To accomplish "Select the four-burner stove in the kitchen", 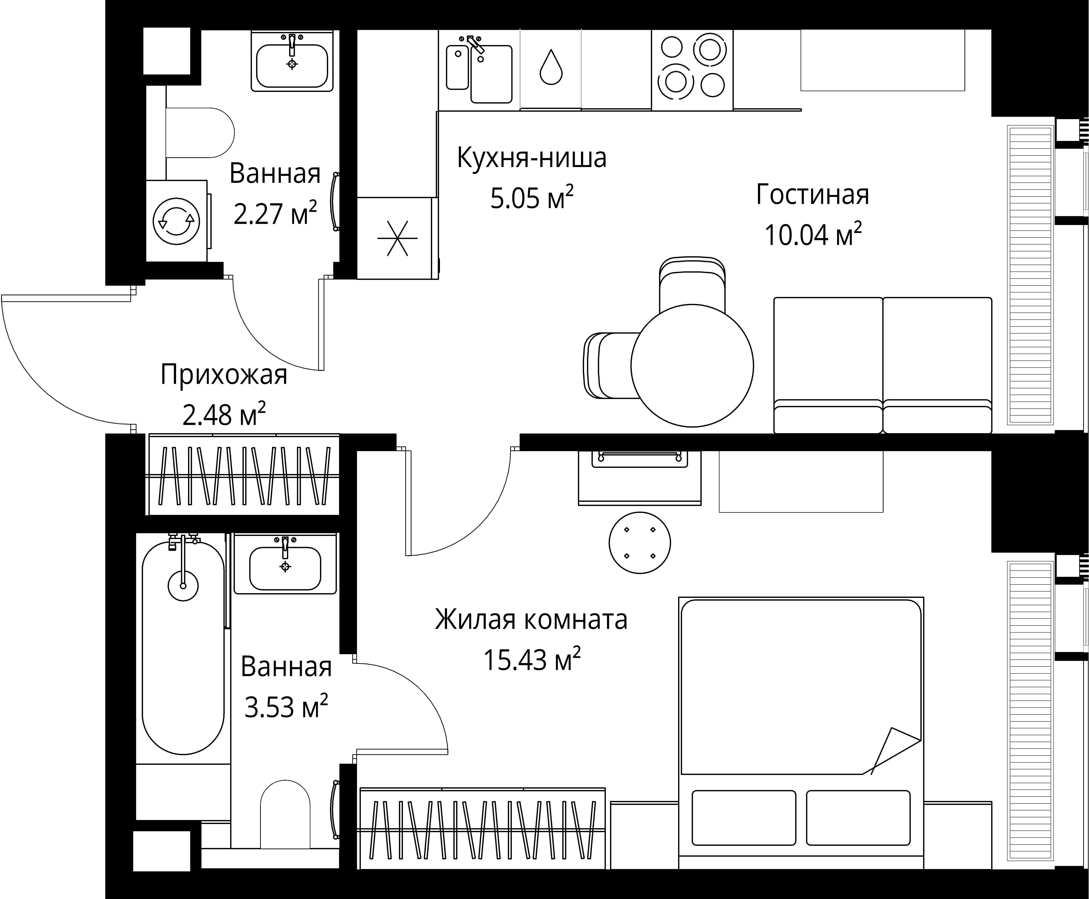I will [x=692, y=69].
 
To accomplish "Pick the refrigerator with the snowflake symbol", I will [x=397, y=238].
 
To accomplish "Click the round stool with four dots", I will [x=640, y=543].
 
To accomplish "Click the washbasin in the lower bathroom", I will [x=285, y=567].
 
